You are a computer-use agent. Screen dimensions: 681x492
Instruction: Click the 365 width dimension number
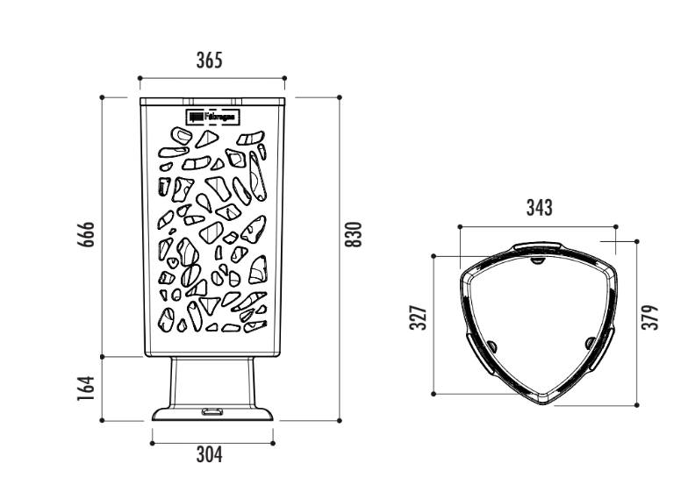tap(210, 61)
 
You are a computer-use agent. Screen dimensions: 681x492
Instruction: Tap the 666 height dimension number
tap(86, 234)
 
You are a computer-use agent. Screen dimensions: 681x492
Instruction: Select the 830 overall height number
tap(353, 234)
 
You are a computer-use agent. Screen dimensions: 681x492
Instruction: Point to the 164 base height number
tap(86, 389)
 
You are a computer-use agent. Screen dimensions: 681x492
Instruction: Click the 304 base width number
tap(210, 454)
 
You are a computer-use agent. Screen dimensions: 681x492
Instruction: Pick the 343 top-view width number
tap(540, 208)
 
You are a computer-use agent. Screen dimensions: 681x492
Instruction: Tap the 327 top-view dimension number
tap(419, 318)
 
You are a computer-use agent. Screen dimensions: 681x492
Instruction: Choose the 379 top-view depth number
tap(650, 318)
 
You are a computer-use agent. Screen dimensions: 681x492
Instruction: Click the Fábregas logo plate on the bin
tap(213, 117)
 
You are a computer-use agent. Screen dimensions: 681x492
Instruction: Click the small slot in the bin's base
tap(211, 411)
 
